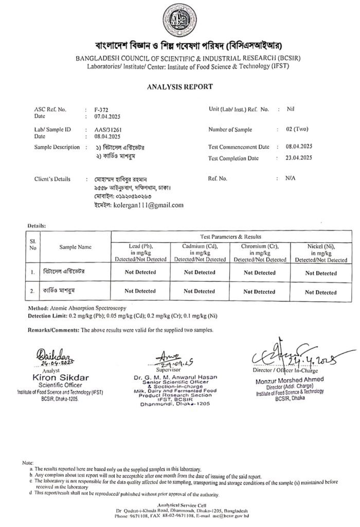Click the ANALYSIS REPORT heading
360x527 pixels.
(x=180, y=86)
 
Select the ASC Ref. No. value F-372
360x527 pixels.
(x=101, y=110)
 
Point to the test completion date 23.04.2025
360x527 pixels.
(x=299, y=158)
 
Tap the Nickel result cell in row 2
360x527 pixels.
(x=320, y=292)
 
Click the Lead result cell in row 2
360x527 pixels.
(x=140, y=291)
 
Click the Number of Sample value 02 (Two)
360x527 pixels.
(x=293, y=129)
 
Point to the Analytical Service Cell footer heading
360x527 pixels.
(x=180, y=506)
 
